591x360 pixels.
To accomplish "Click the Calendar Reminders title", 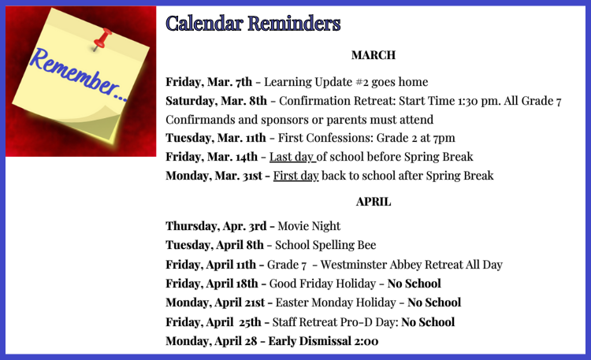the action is (x=253, y=24).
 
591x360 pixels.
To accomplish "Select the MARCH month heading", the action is (x=374, y=55).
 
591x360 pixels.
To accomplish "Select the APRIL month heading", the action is (x=374, y=202).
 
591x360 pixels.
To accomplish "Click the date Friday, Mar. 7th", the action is (x=209, y=82).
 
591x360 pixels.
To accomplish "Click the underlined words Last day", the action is (x=292, y=158).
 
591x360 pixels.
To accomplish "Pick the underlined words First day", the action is (x=295, y=176).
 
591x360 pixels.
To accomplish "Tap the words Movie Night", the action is (x=309, y=226).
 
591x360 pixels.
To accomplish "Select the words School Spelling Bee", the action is (x=325, y=246).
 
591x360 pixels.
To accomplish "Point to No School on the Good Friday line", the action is (x=414, y=284).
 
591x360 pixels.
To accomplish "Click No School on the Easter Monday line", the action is (x=434, y=302).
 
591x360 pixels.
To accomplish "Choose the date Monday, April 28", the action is (x=211, y=341).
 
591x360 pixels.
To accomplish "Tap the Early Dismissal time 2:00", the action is (x=366, y=341).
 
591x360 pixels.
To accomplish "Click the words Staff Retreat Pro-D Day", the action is (x=333, y=322).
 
